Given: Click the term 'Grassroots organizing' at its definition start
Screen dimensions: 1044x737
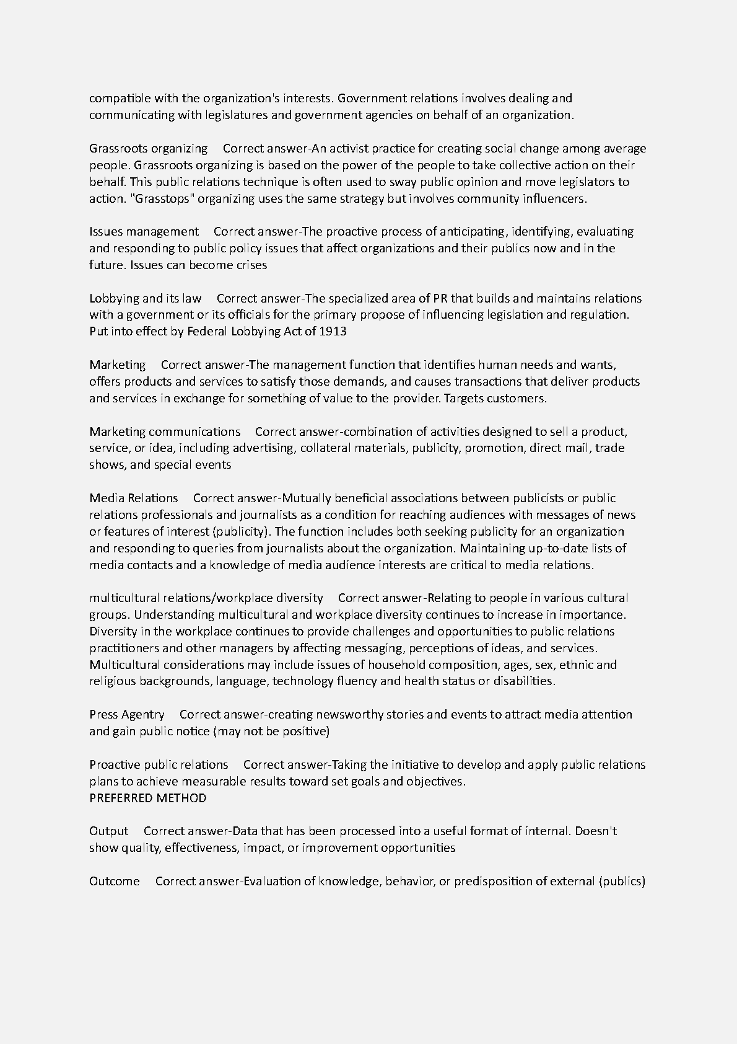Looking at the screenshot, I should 148,149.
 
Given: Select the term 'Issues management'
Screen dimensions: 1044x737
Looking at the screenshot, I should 144,232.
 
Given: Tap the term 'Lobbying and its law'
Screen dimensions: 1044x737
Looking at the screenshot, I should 145,298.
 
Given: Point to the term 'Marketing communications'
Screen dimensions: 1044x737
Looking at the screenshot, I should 165,431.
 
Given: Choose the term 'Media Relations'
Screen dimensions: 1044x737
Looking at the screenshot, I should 133,498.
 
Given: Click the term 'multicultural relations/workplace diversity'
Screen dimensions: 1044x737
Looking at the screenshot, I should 206,598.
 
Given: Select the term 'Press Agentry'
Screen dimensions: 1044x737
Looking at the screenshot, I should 127,715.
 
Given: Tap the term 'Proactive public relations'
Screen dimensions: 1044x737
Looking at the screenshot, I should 159,765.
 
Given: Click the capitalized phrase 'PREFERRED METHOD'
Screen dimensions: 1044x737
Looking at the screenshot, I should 147,798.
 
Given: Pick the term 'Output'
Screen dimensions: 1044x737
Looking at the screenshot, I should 108,831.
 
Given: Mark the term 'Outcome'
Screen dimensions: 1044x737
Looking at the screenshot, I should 114,882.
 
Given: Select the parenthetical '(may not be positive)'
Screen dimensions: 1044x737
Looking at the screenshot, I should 271,732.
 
